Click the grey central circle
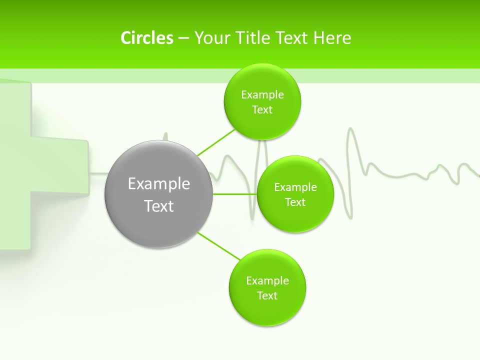(x=159, y=194)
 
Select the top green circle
(x=262, y=101)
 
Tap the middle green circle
(x=295, y=194)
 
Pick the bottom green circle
(x=267, y=287)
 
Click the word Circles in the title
(x=146, y=38)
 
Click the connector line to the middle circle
(x=234, y=194)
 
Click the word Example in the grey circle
(x=159, y=183)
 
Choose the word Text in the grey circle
(x=159, y=206)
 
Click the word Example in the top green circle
(x=262, y=94)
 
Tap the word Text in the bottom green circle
(x=267, y=295)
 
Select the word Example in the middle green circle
(x=295, y=187)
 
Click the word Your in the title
(x=210, y=38)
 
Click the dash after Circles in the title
(x=183, y=38)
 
